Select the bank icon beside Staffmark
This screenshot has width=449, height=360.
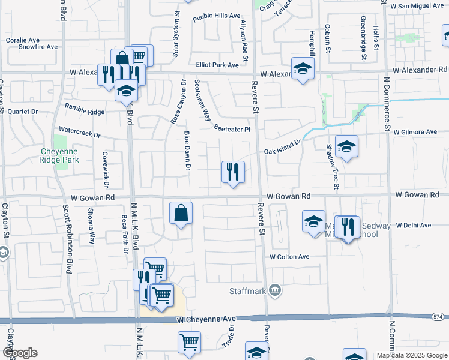click(x=275, y=291)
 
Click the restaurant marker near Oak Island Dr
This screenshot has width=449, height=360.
click(x=232, y=173)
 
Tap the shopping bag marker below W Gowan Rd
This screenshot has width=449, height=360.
click(x=181, y=214)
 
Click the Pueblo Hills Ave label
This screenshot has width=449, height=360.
click(x=216, y=17)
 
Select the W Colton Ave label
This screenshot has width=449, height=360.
click(x=289, y=257)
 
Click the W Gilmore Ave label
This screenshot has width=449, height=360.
click(x=415, y=132)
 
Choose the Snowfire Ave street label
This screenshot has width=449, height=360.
click(x=38, y=46)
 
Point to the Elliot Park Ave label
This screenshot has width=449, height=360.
click(x=217, y=65)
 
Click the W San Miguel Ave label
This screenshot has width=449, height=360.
click(x=415, y=5)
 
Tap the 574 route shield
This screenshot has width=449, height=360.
click(x=439, y=316)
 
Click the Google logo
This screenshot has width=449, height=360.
click(x=19, y=353)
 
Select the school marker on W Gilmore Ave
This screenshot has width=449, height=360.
click(x=346, y=148)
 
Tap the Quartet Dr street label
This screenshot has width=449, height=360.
click(x=23, y=112)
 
